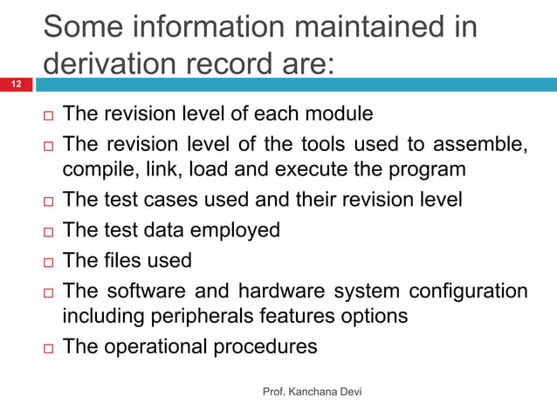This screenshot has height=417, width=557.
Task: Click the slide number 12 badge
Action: tap(16, 85)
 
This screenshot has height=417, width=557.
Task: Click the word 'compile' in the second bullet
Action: tap(99, 168)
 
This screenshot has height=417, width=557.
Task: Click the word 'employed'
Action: tap(237, 230)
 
